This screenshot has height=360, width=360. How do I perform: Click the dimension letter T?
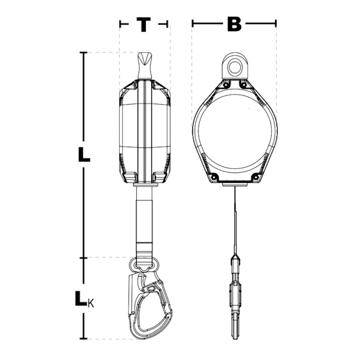pos(144,24)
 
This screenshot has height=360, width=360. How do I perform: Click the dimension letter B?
pos(234,24)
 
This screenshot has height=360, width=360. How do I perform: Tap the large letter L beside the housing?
pos(84,154)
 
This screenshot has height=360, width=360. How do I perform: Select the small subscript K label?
pos(91,304)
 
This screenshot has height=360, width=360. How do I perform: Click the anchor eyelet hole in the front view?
pos(234,65)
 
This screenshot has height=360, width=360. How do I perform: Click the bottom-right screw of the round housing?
pos(255,177)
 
